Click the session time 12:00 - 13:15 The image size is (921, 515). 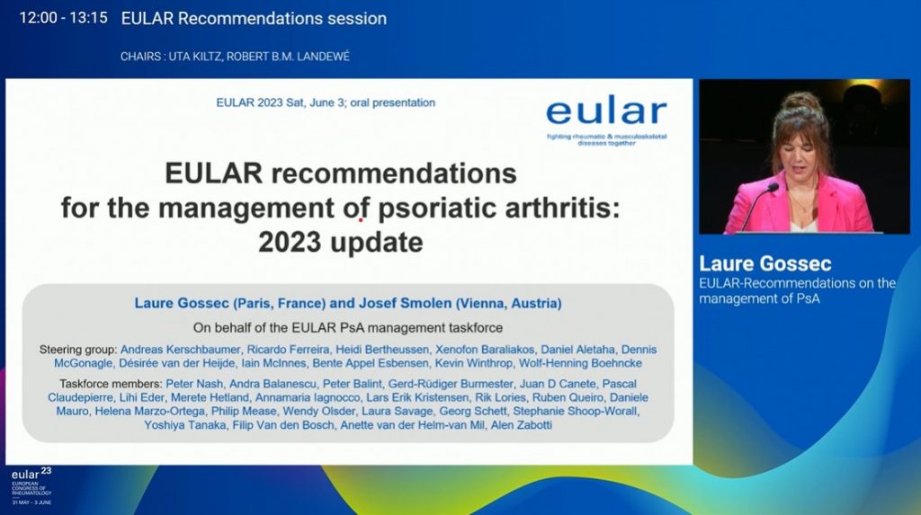point(62,18)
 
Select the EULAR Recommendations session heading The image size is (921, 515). point(254,18)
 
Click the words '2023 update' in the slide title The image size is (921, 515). point(340,243)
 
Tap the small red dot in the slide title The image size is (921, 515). point(362,218)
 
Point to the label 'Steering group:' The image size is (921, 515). point(77,349)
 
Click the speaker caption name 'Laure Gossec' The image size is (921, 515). point(765,263)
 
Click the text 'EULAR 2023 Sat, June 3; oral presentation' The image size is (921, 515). point(326,102)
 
